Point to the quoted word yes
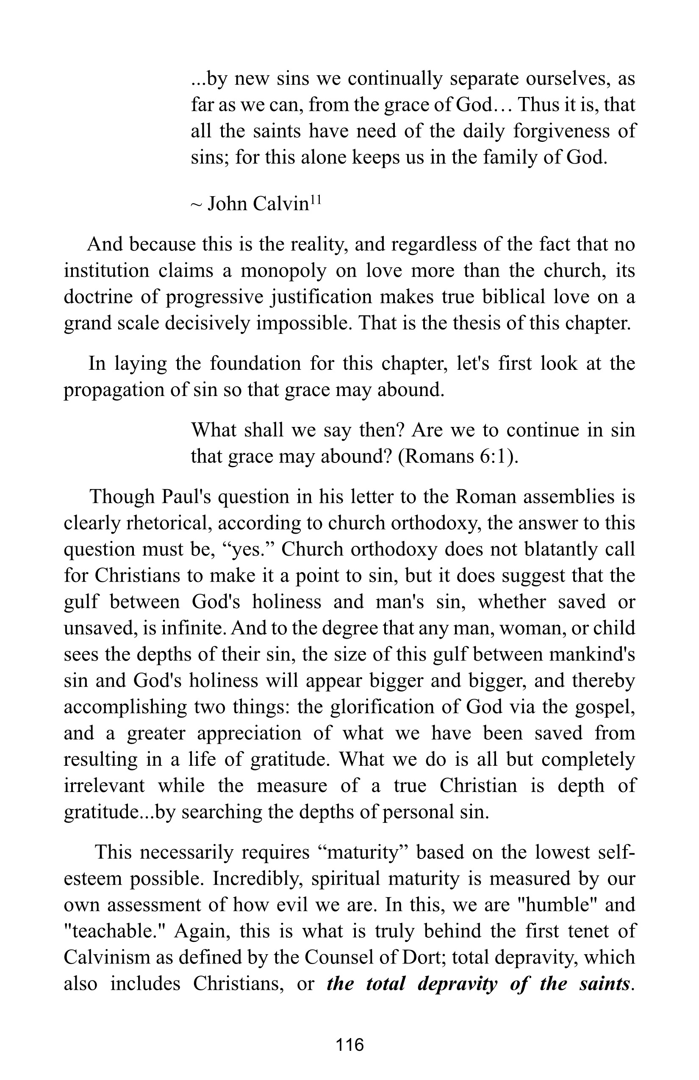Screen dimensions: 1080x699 tap(246, 550)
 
